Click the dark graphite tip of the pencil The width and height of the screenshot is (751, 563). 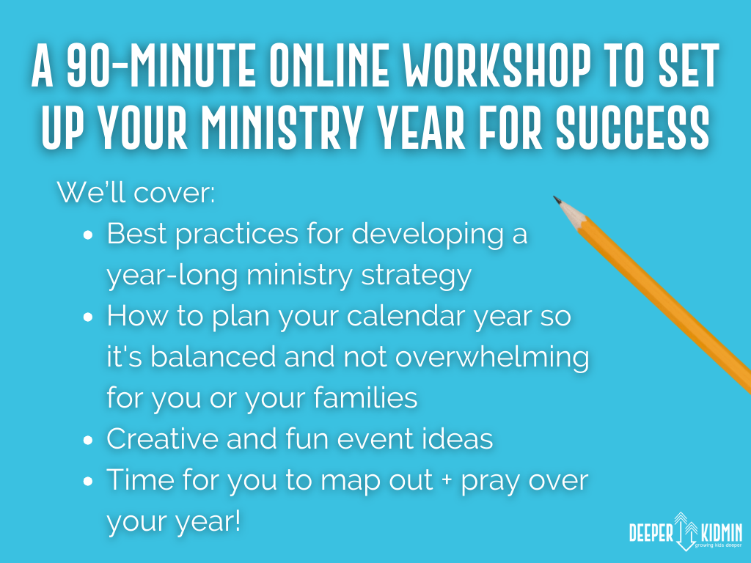pyautogui.click(x=557, y=199)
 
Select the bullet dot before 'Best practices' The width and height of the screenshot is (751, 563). pyautogui.click(x=88, y=235)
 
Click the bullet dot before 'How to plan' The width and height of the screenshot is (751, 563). pyautogui.click(x=88, y=317)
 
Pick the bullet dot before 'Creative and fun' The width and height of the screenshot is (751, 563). pyautogui.click(x=88, y=440)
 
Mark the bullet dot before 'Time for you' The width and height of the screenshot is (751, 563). pyautogui.click(x=88, y=481)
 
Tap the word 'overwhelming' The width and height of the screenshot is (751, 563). pyautogui.click(x=492, y=358)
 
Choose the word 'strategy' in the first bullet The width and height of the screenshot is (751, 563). pyautogui.click(x=417, y=276)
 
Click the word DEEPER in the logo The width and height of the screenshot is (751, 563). pyautogui.click(x=651, y=533)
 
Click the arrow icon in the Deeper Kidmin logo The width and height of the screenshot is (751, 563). pyautogui.click(x=686, y=531)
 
